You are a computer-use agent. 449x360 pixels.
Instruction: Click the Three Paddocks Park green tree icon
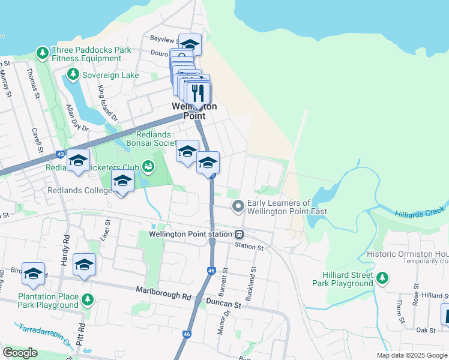point(43,53)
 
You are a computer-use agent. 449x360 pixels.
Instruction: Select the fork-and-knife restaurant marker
point(197,93)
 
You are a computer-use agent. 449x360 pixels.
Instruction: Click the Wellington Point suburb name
point(194,110)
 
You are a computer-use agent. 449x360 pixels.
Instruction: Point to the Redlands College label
point(80,190)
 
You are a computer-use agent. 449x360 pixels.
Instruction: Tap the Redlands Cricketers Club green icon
point(148,166)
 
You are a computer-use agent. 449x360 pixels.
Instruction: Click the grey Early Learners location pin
point(238,206)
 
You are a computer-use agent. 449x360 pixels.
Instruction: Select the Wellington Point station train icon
point(239,234)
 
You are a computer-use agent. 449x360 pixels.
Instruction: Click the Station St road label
point(249,247)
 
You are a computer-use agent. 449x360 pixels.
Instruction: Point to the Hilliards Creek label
point(421,212)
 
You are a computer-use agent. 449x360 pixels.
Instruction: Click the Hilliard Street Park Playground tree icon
point(381,278)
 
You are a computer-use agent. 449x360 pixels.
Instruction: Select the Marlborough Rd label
point(163,296)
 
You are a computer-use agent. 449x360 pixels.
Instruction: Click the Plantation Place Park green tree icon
point(88,299)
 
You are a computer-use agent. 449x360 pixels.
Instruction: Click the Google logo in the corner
point(20,353)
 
